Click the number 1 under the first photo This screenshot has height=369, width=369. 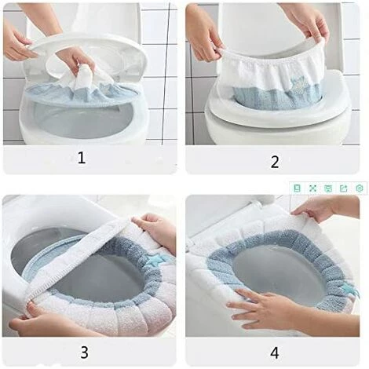(x=82, y=158)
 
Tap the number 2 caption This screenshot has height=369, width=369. (x=275, y=162)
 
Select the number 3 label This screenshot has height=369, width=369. (x=84, y=353)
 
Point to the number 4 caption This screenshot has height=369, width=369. (x=275, y=353)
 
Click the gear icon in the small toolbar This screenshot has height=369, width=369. (x=360, y=188)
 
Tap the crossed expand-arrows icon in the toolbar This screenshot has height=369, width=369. (x=312, y=188)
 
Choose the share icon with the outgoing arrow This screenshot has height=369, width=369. (x=343, y=188)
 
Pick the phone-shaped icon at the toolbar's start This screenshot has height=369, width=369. (x=297, y=188)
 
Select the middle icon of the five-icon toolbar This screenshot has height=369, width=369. (x=328, y=188)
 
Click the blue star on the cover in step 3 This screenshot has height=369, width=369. (x=154, y=259)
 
